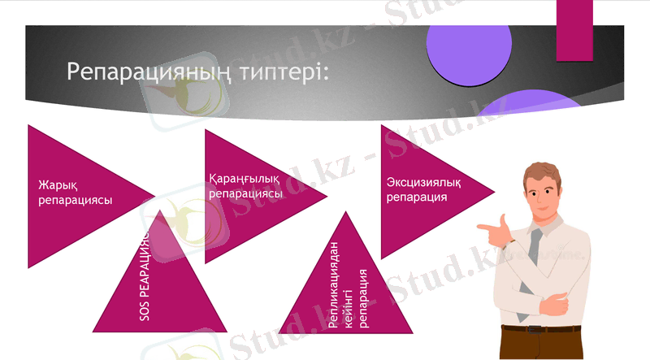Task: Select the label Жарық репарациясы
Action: tap(75, 193)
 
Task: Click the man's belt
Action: tap(536, 329)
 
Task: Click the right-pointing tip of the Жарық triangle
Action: tap(153, 195)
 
